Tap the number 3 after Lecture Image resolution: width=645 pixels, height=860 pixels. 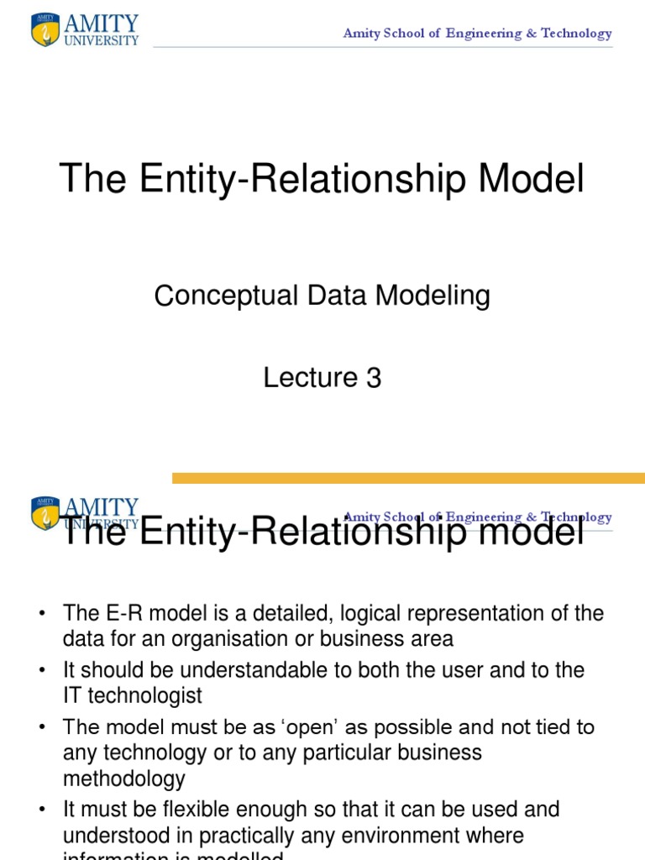click(x=374, y=378)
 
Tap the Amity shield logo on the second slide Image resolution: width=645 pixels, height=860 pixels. click(x=45, y=513)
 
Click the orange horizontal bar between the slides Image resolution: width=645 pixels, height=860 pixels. click(x=408, y=478)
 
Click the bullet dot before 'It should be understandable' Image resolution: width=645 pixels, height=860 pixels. click(x=41, y=670)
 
